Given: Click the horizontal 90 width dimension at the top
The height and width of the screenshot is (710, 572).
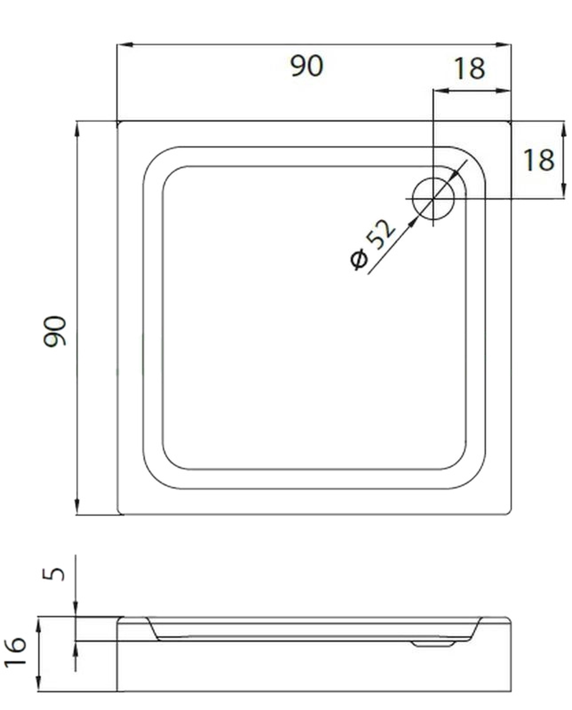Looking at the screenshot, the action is click(x=307, y=66).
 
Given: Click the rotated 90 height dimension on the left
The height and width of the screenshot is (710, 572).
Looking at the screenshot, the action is click(x=55, y=331).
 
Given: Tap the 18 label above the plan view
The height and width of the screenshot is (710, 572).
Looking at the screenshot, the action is click(x=470, y=69).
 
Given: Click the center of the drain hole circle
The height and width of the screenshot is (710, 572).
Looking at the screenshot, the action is click(x=433, y=199).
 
